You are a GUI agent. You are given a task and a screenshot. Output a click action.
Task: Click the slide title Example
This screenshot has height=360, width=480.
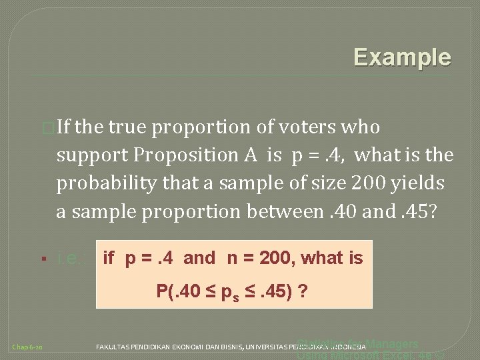coord(402,57)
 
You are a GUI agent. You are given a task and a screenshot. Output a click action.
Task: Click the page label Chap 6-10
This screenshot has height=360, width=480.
coord(28,347)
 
